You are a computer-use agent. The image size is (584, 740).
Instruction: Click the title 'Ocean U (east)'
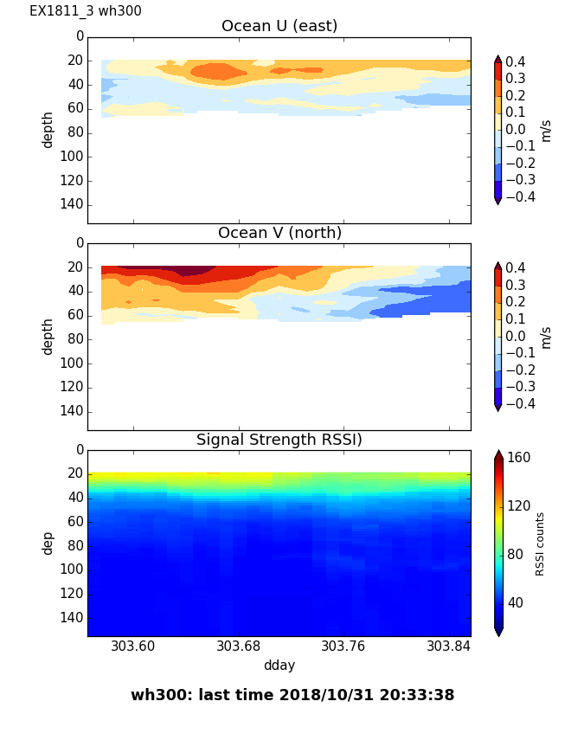[x=279, y=26]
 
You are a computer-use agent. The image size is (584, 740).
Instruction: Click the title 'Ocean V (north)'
[x=279, y=233]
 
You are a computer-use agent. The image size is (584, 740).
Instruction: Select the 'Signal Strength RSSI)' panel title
[x=279, y=440]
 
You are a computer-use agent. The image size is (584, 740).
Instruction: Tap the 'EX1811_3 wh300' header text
[x=86, y=11]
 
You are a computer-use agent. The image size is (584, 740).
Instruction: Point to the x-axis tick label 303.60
[x=133, y=646]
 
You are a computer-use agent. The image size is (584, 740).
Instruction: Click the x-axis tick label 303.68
[x=239, y=646]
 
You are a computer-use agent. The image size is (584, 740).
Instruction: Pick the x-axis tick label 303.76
[x=343, y=646]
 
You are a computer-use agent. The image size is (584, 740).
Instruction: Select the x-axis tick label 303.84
[x=449, y=646]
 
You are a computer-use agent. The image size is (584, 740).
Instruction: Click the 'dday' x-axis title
[x=279, y=666]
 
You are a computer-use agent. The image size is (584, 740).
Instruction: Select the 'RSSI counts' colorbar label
[x=540, y=544]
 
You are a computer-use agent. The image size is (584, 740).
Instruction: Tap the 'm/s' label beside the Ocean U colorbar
[x=546, y=130]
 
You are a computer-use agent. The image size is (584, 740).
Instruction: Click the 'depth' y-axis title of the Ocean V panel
[x=48, y=336]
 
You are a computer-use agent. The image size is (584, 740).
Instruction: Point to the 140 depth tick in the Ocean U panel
[x=73, y=204]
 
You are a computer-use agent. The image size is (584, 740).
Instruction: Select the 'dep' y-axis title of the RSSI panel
[x=48, y=543]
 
